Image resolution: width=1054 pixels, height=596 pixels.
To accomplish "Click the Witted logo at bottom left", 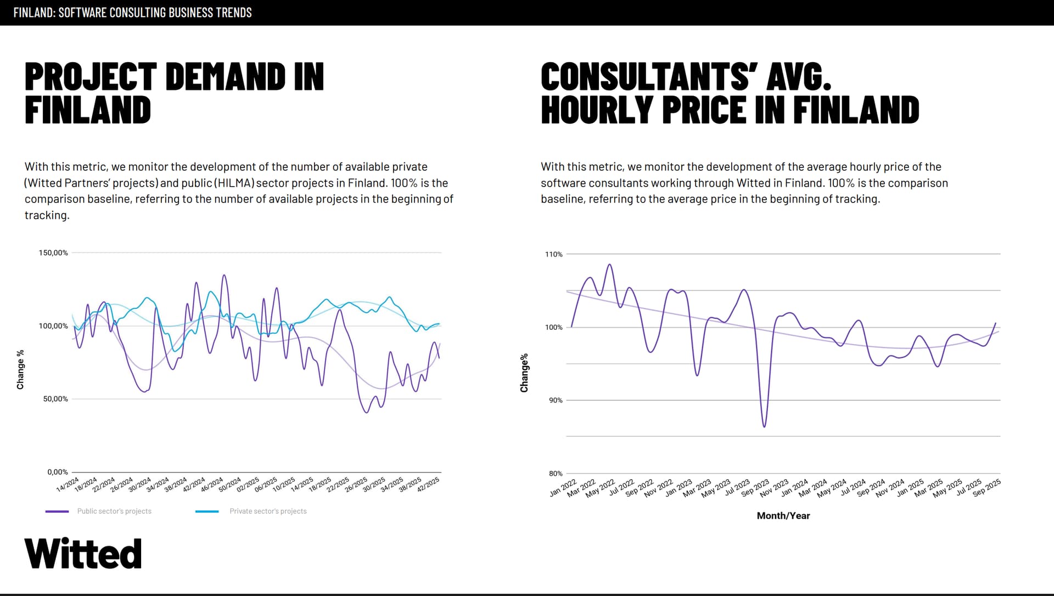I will click(x=83, y=553).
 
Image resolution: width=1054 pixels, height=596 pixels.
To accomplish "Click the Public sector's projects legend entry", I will click(x=114, y=511).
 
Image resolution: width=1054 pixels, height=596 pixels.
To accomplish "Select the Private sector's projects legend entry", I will click(x=267, y=511).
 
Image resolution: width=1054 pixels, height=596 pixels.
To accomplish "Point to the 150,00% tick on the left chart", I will click(x=53, y=253).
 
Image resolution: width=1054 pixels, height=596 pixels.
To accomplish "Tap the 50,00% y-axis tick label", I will click(x=55, y=399).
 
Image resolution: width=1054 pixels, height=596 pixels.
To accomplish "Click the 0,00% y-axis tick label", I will click(x=57, y=472).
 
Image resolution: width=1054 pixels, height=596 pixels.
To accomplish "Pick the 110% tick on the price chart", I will click(x=553, y=255).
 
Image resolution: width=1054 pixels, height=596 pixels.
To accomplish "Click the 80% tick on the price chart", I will click(x=556, y=474).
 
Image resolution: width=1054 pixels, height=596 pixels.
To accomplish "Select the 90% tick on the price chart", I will click(x=556, y=401).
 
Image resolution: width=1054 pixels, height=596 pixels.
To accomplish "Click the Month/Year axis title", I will click(x=783, y=516).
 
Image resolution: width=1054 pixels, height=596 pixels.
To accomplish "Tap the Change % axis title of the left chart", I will click(x=21, y=369).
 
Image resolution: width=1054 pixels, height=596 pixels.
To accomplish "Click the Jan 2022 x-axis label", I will click(x=563, y=487).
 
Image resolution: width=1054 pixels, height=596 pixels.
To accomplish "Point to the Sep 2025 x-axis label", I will click(x=986, y=487).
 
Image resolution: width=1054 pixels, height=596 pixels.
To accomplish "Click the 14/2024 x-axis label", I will click(x=68, y=485).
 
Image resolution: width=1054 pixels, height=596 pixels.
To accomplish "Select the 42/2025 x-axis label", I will click(x=428, y=485).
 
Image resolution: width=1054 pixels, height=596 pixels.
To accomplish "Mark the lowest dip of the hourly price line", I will click(x=764, y=426).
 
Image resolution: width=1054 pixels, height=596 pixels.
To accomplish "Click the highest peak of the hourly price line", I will click(x=609, y=265).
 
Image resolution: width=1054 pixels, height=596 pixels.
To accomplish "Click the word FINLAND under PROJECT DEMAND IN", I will click(x=88, y=110).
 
